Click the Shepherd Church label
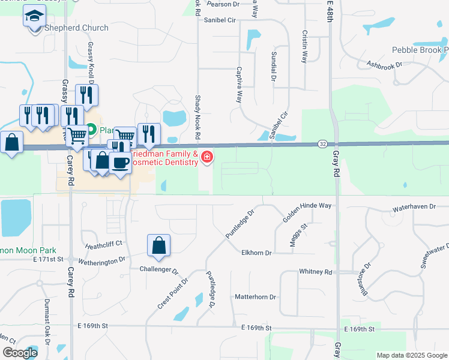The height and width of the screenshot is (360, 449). click(76, 28)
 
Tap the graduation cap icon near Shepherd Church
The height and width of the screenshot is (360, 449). click(35, 16)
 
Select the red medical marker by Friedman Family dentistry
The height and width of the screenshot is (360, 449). click(207, 157)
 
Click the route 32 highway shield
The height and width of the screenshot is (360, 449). click(323, 144)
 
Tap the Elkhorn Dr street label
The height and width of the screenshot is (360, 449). click(257, 253)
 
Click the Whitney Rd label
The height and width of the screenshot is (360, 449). click(316, 272)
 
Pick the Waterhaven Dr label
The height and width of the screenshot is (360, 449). click(414, 206)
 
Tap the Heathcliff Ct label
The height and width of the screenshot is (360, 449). click(104, 244)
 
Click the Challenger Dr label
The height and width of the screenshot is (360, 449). click(159, 269)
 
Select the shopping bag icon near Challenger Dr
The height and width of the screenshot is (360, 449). click(158, 245)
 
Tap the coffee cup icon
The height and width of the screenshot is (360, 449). click(120, 162)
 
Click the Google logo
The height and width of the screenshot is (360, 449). click(20, 353)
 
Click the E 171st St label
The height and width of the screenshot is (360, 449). click(48, 259)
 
